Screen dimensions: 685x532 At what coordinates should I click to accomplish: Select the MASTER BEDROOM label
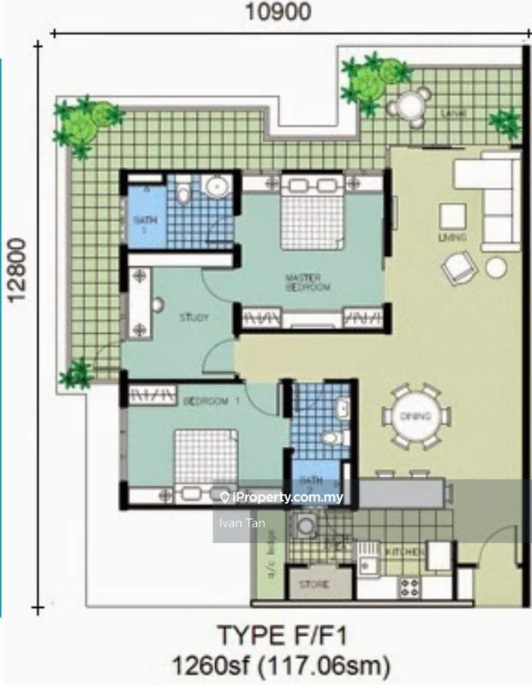coord(308,283)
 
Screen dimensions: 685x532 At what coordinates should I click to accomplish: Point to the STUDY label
coord(194,318)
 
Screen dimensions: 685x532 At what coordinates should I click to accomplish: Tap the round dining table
coord(417,416)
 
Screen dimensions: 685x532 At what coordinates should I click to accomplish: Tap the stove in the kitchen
coord(409,587)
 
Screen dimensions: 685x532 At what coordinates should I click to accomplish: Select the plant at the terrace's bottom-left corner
coord(78,373)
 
